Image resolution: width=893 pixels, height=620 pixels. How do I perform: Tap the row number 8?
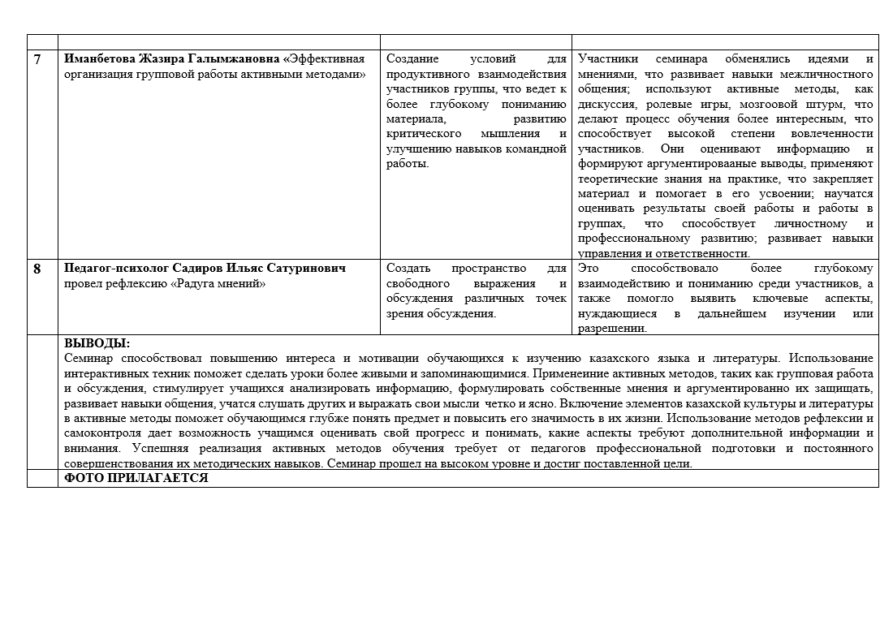point(37,269)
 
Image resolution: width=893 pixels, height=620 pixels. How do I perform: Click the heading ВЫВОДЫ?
point(97,343)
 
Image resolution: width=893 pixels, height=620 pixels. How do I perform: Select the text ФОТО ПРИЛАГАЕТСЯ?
point(136,479)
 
